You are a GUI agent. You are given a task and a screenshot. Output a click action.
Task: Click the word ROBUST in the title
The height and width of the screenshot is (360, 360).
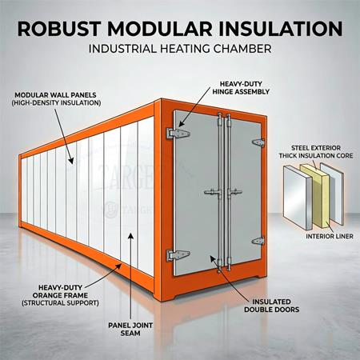(59, 29)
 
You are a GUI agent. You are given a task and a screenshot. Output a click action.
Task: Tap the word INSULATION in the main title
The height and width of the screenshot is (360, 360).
(280, 29)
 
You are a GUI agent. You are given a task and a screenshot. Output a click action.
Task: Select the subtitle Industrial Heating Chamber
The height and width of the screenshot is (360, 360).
(180, 49)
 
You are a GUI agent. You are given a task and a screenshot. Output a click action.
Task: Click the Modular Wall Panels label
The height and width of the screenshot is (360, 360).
(56, 99)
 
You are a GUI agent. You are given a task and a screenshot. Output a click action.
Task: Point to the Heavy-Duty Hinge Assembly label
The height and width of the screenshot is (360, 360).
(241, 88)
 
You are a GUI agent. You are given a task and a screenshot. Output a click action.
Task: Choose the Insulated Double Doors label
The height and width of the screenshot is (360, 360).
(271, 306)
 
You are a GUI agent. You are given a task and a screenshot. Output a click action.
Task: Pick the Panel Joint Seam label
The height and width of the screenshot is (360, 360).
(130, 329)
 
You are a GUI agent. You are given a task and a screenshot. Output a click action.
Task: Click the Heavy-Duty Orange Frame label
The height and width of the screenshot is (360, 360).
(60, 295)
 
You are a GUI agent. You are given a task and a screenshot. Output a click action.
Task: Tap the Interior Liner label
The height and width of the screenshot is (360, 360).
(330, 236)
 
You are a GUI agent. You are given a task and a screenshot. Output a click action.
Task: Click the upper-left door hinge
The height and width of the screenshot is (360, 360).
(178, 134)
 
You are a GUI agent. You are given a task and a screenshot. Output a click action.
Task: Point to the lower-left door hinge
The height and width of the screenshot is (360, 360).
(178, 255)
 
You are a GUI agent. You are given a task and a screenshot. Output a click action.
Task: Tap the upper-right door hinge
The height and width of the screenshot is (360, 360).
(258, 142)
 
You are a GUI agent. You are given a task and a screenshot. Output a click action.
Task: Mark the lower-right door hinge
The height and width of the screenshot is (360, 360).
(258, 241)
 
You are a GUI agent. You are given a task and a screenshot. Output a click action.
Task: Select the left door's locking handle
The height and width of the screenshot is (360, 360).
(213, 192)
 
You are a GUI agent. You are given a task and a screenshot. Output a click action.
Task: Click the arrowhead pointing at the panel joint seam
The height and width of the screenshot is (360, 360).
(130, 236)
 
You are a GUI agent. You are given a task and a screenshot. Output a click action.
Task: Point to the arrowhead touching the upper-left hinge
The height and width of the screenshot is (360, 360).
(182, 124)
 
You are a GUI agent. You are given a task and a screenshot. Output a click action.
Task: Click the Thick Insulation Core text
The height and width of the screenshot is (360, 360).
(316, 156)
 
